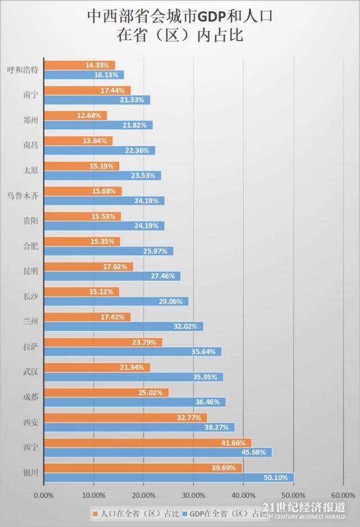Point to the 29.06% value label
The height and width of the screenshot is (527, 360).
[x=171, y=301]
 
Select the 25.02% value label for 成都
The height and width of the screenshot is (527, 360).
[x=151, y=393]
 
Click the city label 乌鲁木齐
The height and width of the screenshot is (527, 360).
[x=23, y=195]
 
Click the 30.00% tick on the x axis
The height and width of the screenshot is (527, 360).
[x=193, y=495]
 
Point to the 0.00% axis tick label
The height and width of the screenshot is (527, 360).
[x=43, y=495]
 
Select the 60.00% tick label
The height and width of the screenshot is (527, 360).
[x=343, y=495]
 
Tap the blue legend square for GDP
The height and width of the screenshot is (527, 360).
[x=185, y=513]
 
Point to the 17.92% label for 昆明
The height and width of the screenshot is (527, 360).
[x=115, y=267]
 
